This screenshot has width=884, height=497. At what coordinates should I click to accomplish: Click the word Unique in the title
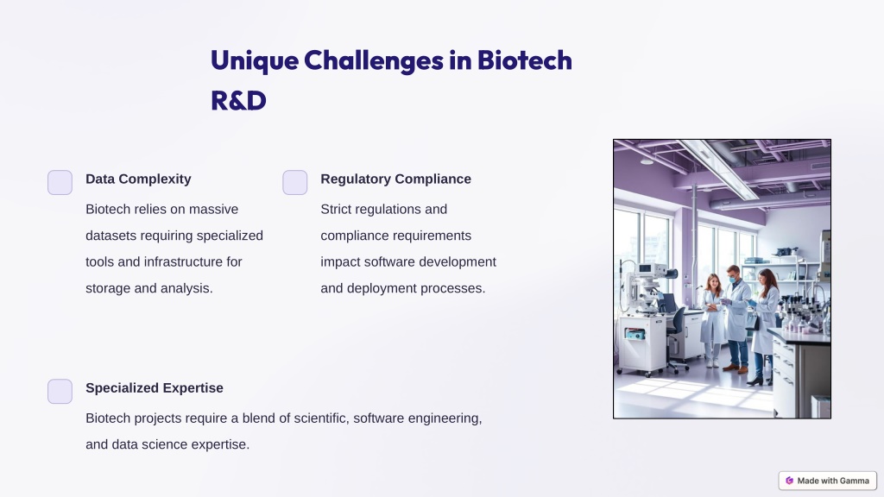click(x=255, y=61)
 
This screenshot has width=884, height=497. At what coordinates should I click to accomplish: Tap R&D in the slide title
click(x=238, y=101)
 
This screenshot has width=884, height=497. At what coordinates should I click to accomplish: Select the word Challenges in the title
click(x=374, y=61)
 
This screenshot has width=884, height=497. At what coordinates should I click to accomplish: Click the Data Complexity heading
click(x=138, y=179)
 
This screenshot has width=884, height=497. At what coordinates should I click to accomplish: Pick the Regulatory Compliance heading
click(x=395, y=179)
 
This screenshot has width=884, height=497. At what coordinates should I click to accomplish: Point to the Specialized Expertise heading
click(x=155, y=387)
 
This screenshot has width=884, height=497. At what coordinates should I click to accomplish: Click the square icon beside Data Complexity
click(x=60, y=183)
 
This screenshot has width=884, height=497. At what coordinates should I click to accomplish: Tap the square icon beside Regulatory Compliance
click(x=295, y=183)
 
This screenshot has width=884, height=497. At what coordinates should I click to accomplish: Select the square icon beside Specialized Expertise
click(x=60, y=391)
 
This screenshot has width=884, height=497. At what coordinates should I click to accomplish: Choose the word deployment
click(x=382, y=288)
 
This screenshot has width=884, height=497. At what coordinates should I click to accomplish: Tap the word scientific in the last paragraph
click(x=320, y=418)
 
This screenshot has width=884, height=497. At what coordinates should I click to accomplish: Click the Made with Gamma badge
click(x=828, y=481)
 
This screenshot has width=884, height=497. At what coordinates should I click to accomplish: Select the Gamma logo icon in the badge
click(x=789, y=481)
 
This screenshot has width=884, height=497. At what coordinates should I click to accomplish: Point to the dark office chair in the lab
click(x=677, y=337)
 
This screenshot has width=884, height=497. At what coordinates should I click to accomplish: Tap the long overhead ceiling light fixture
click(x=719, y=168)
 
